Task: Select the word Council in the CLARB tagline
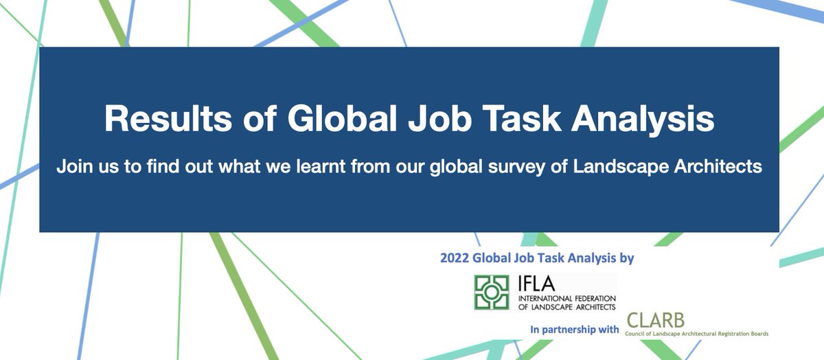point(636,334)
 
